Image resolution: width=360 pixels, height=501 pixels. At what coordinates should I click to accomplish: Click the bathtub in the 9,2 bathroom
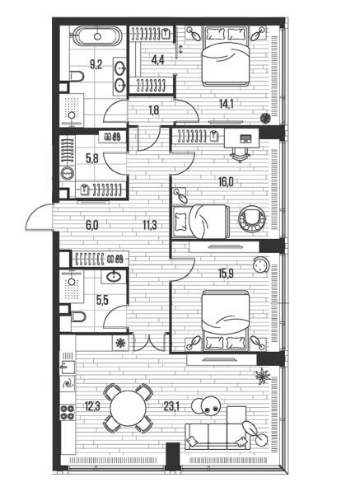(97, 36)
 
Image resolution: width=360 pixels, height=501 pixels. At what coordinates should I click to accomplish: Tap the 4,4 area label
(157, 60)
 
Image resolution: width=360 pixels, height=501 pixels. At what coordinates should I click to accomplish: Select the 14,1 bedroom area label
(226, 104)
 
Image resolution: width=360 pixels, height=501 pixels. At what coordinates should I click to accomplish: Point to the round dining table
(128, 408)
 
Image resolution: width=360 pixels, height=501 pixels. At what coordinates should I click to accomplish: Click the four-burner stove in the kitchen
(68, 412)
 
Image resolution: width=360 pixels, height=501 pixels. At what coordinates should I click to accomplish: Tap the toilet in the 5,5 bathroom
(78, 317)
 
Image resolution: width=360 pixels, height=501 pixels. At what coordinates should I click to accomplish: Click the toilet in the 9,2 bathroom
(77, 77)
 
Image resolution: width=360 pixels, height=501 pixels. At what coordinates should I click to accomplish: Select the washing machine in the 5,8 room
(68, 174)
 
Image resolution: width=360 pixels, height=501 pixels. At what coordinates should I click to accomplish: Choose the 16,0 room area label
(226, 182)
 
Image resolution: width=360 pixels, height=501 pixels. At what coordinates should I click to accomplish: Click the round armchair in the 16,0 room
(252, 219)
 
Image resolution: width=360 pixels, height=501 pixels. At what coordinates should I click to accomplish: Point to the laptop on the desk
(245, 138)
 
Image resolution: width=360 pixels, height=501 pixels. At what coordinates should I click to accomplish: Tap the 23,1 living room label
(171, 406)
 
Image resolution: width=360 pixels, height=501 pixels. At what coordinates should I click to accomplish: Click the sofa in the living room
(217, 437)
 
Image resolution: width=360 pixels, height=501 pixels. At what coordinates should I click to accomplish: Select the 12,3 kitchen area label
(92, 406)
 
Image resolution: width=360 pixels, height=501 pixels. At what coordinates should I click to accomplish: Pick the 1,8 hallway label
(154, 110)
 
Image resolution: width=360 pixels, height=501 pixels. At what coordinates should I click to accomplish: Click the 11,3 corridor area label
(149, 225)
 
